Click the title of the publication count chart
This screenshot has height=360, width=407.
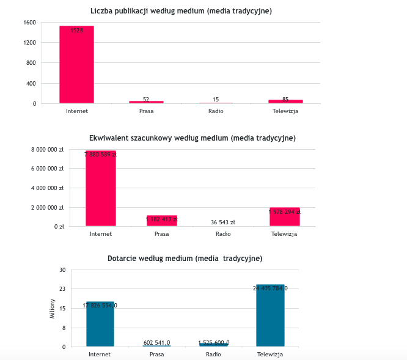181,11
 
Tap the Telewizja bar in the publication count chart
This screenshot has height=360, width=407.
285,101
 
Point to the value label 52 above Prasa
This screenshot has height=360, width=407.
146,99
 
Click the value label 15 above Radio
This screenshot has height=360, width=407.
216,99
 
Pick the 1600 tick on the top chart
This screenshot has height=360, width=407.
30,23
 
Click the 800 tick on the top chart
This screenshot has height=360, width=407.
31,63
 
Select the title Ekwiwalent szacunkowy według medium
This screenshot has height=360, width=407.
192,138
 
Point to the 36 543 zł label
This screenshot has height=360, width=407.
223,222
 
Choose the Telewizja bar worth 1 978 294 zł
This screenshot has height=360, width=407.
284,218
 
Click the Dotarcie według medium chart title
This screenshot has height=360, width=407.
185,259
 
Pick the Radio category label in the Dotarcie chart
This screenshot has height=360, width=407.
213,354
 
